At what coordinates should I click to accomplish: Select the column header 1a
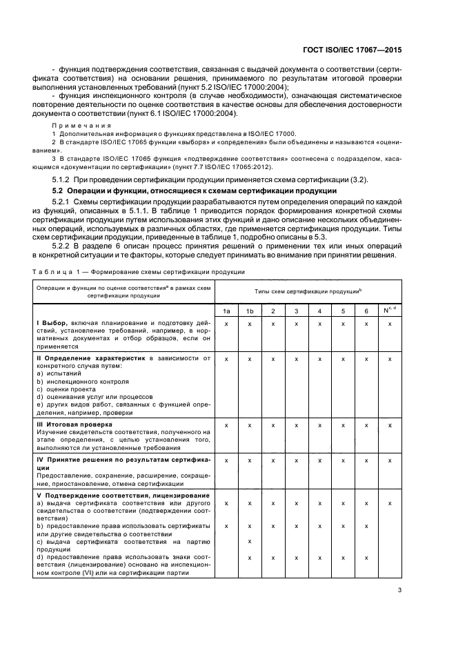[x=226, y=311]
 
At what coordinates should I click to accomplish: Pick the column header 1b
[x=249, y=311]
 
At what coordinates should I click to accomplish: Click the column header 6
[x=366, y=311]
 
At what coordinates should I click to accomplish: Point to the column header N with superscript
[x=390, y=311]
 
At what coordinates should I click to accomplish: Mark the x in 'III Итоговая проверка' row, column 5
[x=343, y=424]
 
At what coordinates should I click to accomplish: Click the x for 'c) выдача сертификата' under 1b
[x=249, y=541]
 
